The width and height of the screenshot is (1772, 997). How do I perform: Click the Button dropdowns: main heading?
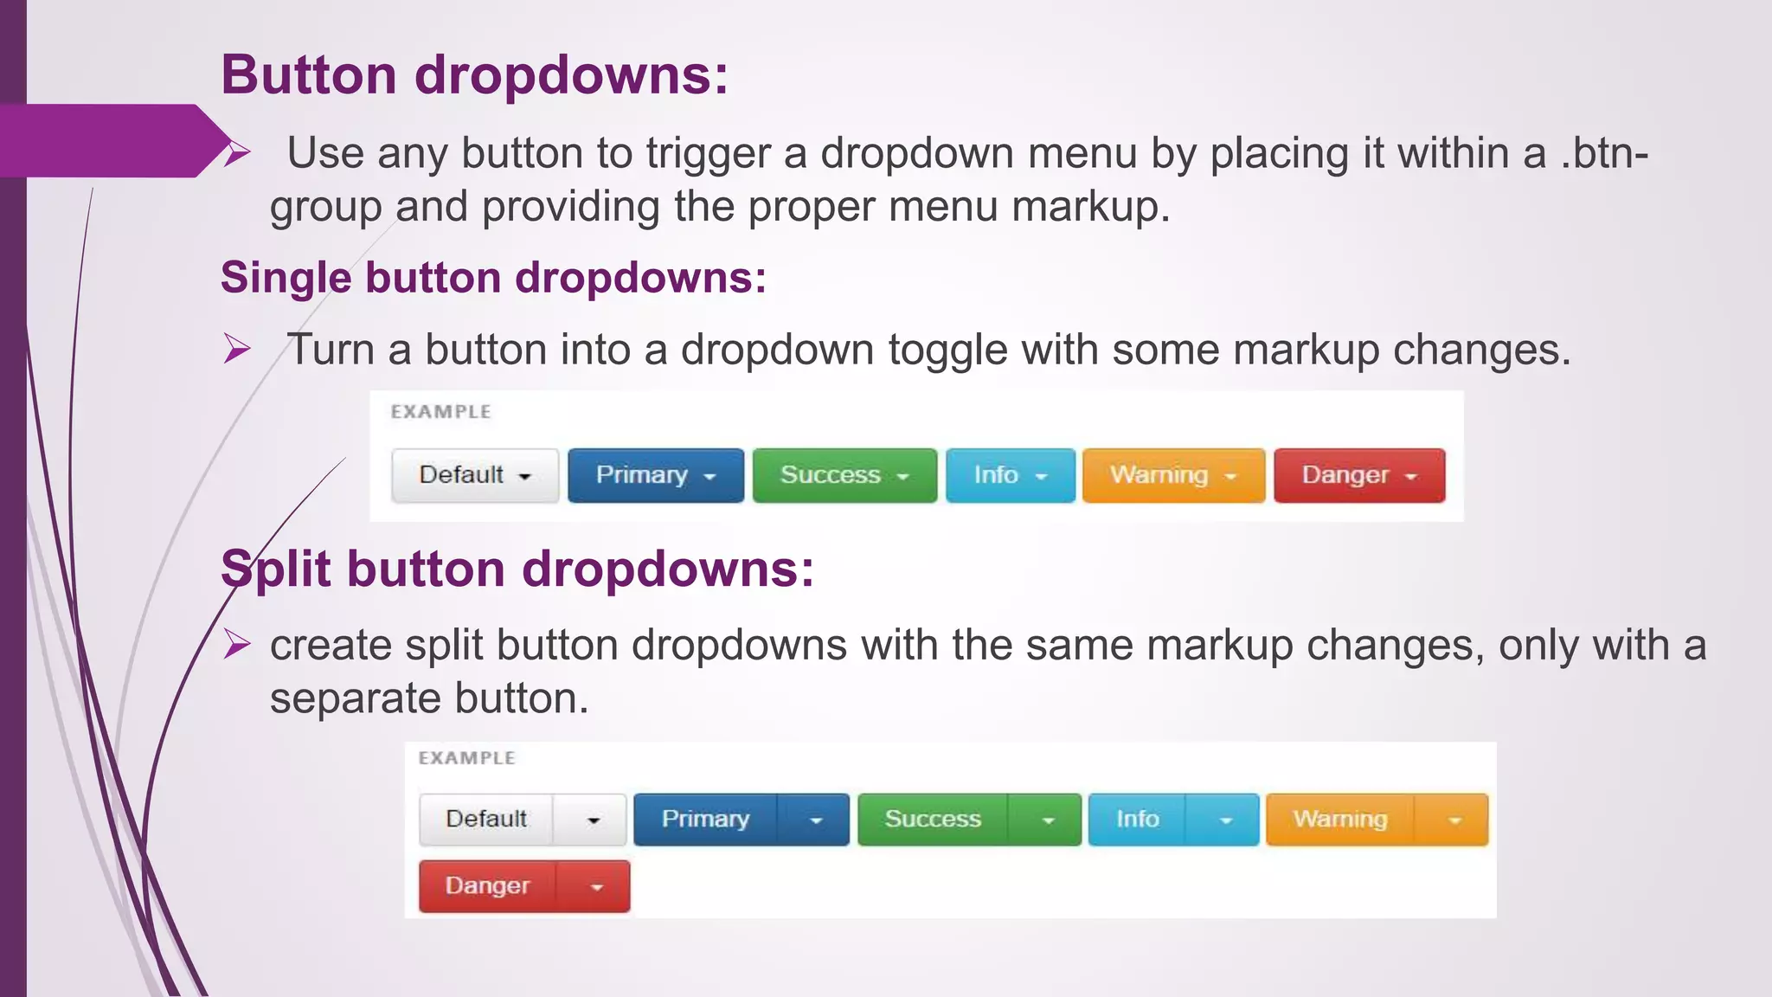pyautogui.click(x=474, y=74)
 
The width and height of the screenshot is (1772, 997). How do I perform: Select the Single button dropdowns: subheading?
pyautogui.click(x=493, y=279)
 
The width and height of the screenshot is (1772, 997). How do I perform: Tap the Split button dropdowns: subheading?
pyautogui.click(x=517, y=569)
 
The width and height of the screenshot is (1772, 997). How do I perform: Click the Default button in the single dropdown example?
pyautogui.click(x=474, y=475)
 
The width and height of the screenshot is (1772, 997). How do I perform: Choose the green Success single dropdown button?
pyautogui.click(x=844, y=475)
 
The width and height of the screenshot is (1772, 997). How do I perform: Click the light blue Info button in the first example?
pyautogui.click(x=1010, y=475)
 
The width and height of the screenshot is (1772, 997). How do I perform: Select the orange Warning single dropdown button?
pyautogui.click(x=1172, y=475)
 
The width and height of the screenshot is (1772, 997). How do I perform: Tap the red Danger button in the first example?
pyautogui.click(x=1358, y=475)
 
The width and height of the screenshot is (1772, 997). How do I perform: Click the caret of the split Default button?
pyautogui.click(x=592, y=820)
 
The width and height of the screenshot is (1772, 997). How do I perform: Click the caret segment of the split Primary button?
pyautogui.click(x=814, y=820)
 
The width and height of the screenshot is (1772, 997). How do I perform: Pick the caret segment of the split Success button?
pyautogui.click(x=1047, y=820)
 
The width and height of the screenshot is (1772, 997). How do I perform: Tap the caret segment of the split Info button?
pyautogui.click(x=1224, y=820)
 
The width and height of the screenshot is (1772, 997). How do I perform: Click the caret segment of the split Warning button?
pyautogui.click(x=1454, y=820)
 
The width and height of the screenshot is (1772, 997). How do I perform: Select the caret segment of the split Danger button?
pyautogui.click(x=595, y=887)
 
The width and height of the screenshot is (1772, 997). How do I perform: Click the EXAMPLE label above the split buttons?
pyautogui.click(x=466, y=758)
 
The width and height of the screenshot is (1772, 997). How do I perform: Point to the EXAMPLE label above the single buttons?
pyautogui.click(x=440, y=412)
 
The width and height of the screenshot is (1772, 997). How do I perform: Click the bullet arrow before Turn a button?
pyautogui.click(x=236, y=349)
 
